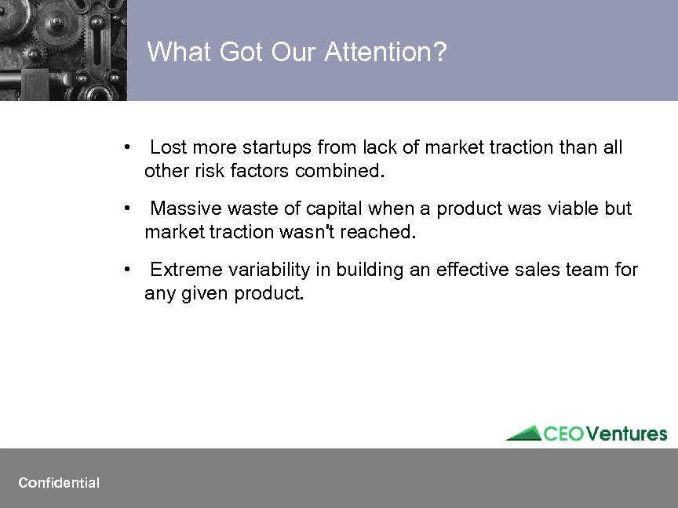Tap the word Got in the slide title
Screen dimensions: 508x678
(235, 53)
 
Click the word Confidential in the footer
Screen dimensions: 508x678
(59, 483)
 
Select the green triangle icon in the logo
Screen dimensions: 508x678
(523, 433)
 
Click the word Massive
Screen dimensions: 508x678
(183, 209)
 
